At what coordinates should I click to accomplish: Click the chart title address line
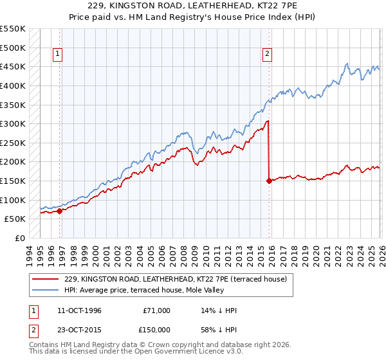pos(192,6)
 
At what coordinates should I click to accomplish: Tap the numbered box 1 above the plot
pos(59,55)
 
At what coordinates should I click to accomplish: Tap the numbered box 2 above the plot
pos(267,55)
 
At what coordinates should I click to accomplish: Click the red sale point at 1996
pos(59,210)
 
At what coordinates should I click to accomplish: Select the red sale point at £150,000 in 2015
pos(268,181)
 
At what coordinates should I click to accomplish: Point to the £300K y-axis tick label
pos(13,123)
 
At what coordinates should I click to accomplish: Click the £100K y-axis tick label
pos(13,200)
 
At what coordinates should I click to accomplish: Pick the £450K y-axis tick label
pos(13,66)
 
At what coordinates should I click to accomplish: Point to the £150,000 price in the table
pos(156,330)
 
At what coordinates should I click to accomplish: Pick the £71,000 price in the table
pos(156,310)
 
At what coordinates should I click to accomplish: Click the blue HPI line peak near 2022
pos(347,64)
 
